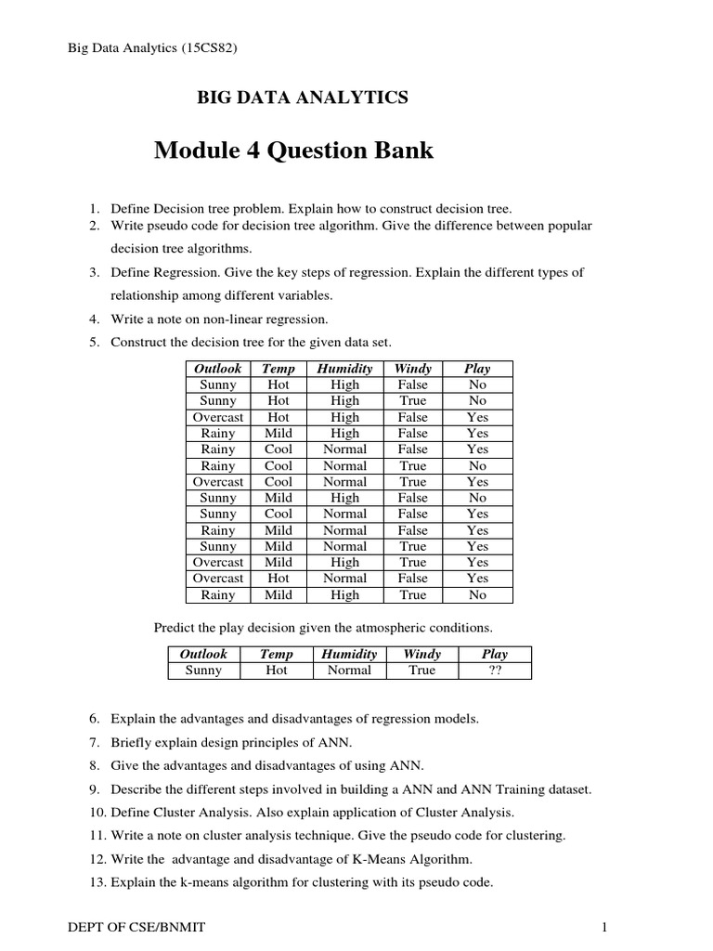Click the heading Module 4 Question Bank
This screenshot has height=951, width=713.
point(293,150)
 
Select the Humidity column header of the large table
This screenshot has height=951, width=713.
point(344,369)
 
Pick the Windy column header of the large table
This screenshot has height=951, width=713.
point(413,369)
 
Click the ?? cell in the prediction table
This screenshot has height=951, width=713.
point(494,671)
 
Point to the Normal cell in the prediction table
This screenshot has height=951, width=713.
point(349,671)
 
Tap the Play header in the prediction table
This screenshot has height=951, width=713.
point(494,654)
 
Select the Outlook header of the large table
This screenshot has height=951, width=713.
point(217,369)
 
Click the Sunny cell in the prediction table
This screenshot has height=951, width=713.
point(203,671)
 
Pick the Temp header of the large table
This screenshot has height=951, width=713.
point(279,369)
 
